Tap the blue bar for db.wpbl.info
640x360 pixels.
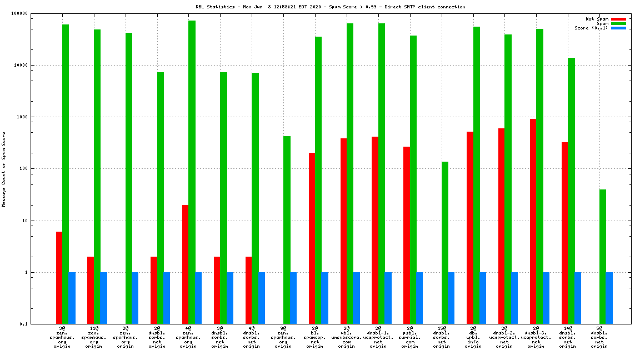point(483,298)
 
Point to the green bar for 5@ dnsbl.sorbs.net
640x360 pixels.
point(602,256)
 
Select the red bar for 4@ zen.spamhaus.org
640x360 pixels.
point(186,264)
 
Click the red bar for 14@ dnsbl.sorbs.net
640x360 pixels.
point(564,233)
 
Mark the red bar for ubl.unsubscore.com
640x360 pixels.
point(343,231)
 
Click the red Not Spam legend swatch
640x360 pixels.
point(618,19)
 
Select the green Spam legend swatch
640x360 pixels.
point(618,23)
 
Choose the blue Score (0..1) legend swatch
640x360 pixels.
point(618,28)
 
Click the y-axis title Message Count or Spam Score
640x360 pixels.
point(4,169)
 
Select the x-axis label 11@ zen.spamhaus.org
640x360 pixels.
point(94,337)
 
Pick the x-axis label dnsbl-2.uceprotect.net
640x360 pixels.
point(504,337)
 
